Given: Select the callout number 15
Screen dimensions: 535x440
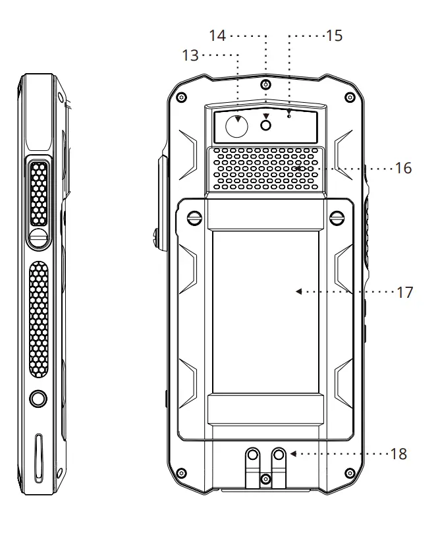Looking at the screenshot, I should pos(334,35).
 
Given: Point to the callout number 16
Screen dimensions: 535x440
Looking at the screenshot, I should pos(404,169).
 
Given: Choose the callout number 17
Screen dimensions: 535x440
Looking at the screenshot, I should pos(404,291).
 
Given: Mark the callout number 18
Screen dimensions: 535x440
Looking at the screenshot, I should pos(399,454).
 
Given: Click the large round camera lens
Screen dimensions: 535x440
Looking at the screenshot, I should pos(236,126).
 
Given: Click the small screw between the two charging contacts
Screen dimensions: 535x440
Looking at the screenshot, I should pos(265,477).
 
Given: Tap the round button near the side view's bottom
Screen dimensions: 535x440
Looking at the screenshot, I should pos(38,397).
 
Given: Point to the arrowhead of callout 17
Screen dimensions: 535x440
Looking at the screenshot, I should pos(298,291).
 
